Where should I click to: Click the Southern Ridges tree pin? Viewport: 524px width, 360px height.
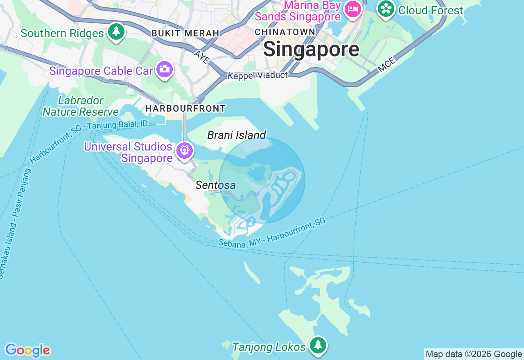click(116, 32)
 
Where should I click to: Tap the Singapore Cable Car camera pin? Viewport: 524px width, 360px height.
click(164, 70)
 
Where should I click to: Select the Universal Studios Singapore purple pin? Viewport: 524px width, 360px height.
click(185, 151)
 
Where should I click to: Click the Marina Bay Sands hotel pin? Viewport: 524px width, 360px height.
click(352, 9)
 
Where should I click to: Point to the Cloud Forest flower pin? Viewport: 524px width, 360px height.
click(386, 9)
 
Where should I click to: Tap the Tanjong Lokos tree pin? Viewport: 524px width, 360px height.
click(318, 345)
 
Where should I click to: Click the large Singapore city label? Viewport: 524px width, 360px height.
click(311, 49)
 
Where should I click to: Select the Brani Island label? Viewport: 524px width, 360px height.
click(237, 135)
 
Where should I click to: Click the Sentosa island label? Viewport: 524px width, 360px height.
click(215, 185)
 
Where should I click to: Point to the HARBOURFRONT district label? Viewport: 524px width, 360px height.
click(185, 108)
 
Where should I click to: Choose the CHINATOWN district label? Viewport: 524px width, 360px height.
click(285, 32)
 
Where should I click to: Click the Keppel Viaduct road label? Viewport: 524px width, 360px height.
click(257, 75)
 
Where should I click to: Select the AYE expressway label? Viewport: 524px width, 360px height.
click(202, 57)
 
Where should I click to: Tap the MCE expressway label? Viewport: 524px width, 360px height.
click(387, 65)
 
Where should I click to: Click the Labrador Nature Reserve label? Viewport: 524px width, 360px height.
click(81, 106)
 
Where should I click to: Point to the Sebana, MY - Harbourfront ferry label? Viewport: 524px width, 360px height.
click(272, 232)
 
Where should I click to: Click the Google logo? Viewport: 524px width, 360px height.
click(27, 350)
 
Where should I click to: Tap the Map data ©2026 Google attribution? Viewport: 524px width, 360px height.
click(474, 354)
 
